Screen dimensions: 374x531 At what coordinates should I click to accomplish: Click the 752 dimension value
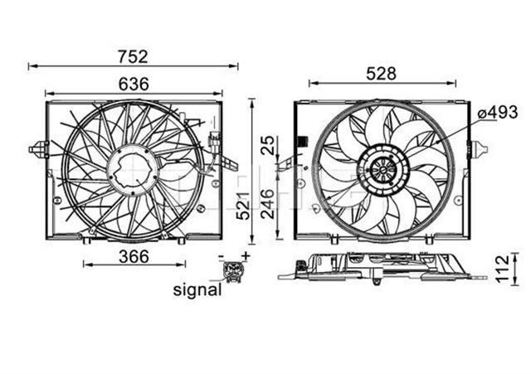[132, 56]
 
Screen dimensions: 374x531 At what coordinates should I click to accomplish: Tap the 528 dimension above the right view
[381, 73]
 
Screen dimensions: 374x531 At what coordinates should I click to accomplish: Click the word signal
[197, 290]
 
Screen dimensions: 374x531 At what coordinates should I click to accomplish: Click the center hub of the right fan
[382, 172]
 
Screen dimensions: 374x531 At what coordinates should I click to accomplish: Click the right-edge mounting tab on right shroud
[476, 150]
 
